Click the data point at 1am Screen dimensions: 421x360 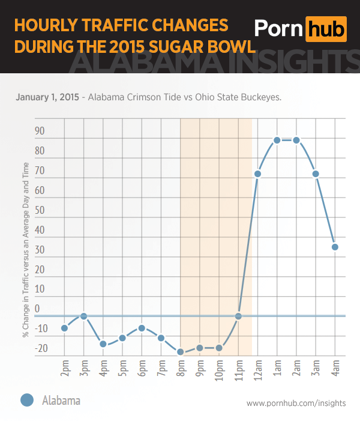pyautogui.click(x=277, y=140)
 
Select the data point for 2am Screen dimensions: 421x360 pyautogui.click(x=296, y=140)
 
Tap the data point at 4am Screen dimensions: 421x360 pyautogui.click(x=335, y=247)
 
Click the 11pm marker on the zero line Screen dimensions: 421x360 pyautogui.click(x=238, y=316)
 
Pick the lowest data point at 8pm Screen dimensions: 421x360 pyautogui.click(x=181, y=352)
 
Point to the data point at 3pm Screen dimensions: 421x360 pyautogui.click(x=84, y=316)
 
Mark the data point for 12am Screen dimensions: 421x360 pyautogui.click(x=257, y=174)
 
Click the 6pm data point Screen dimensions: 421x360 pyautogui.click(x=142, y=328)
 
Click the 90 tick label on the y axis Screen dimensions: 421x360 pyautogui.click(x=40, y=132)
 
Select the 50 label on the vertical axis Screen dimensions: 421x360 pyautogui.click(x=40, y=210)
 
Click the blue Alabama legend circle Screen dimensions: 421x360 pyautogui.click(x=26, y=400)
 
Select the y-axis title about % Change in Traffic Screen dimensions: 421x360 pyautogui.click(x=26, y=266)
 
